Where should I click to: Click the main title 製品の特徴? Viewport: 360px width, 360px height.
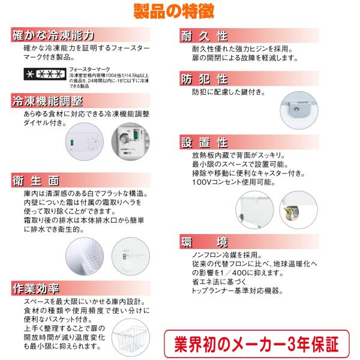tap(180, 11)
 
